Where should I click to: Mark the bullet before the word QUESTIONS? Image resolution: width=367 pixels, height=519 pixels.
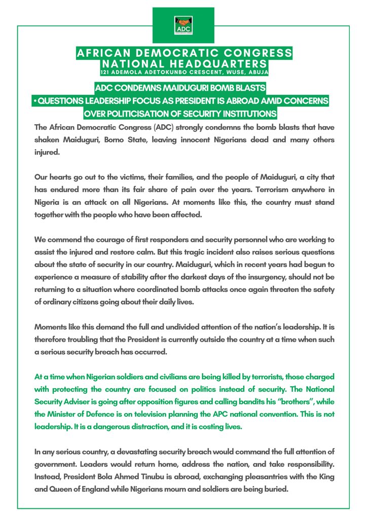pyautogui.click(x=34, y=101)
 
